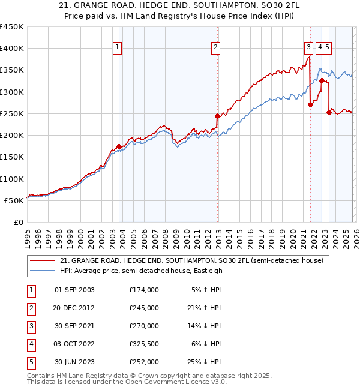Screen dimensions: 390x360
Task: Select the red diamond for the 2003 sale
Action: (119, 146)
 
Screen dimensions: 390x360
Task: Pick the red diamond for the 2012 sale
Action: (218, 116)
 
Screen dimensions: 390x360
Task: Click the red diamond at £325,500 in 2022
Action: (322, 80)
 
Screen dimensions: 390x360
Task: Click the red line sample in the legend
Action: (42, 260)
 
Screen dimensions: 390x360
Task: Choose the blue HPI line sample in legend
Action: (42, 271)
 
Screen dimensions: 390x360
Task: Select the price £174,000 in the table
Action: (143, 290)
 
